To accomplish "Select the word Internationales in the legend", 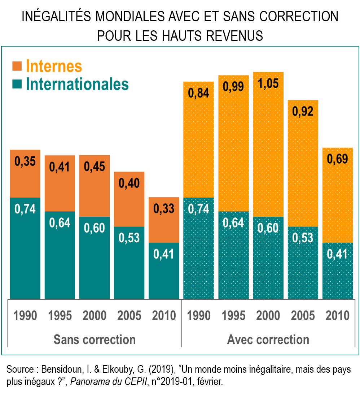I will pos(77,84).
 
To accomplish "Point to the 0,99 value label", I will pos(233,86).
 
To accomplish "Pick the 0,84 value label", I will pos(198,93).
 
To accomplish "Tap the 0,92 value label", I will pos(302,111).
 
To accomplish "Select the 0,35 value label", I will pos(25,161).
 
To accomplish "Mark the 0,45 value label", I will pos(95,166).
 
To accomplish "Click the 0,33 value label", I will pos(164,208).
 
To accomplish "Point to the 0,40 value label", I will pos(129,183).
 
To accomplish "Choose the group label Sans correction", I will pos(95,339).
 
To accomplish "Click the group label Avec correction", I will pos(268,339).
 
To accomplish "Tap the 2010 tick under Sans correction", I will pos(164,316).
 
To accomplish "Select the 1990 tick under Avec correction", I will pos(198,316).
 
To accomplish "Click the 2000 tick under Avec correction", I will pos(268,316).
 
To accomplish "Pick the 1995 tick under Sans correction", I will pos(60,316).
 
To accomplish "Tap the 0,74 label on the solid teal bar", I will pos(25,209).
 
